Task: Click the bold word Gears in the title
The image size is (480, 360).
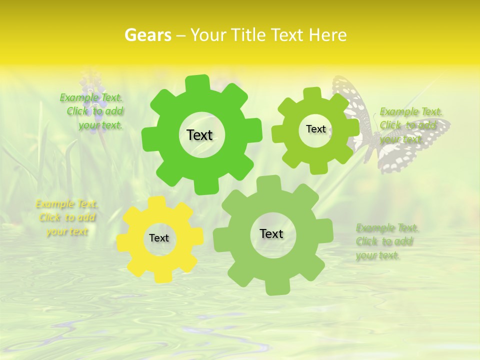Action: pos(147,35)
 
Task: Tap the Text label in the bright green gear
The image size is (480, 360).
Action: pos(199,135)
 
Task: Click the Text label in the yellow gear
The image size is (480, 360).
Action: pos(159,238)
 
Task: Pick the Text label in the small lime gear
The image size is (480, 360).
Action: pos(315,129)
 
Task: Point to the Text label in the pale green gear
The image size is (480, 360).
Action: pos(271,233)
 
